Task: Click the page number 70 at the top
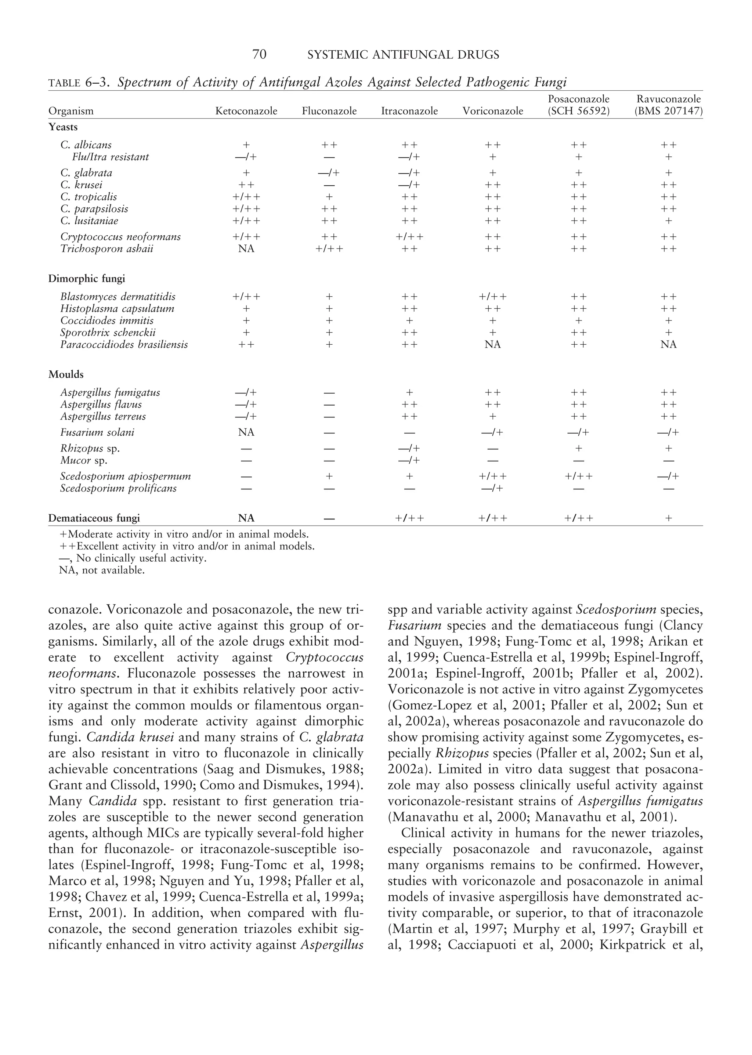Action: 259,55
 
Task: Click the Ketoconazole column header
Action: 246,111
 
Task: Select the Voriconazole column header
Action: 493,111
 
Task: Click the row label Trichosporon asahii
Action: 106,249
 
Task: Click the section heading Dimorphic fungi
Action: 87,279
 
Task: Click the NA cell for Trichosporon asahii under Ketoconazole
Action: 246,249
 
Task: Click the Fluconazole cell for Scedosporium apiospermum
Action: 329,477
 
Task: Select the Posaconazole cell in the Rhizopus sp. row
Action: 578,449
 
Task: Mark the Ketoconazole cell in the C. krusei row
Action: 246,185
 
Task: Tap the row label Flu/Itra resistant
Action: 110,157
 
